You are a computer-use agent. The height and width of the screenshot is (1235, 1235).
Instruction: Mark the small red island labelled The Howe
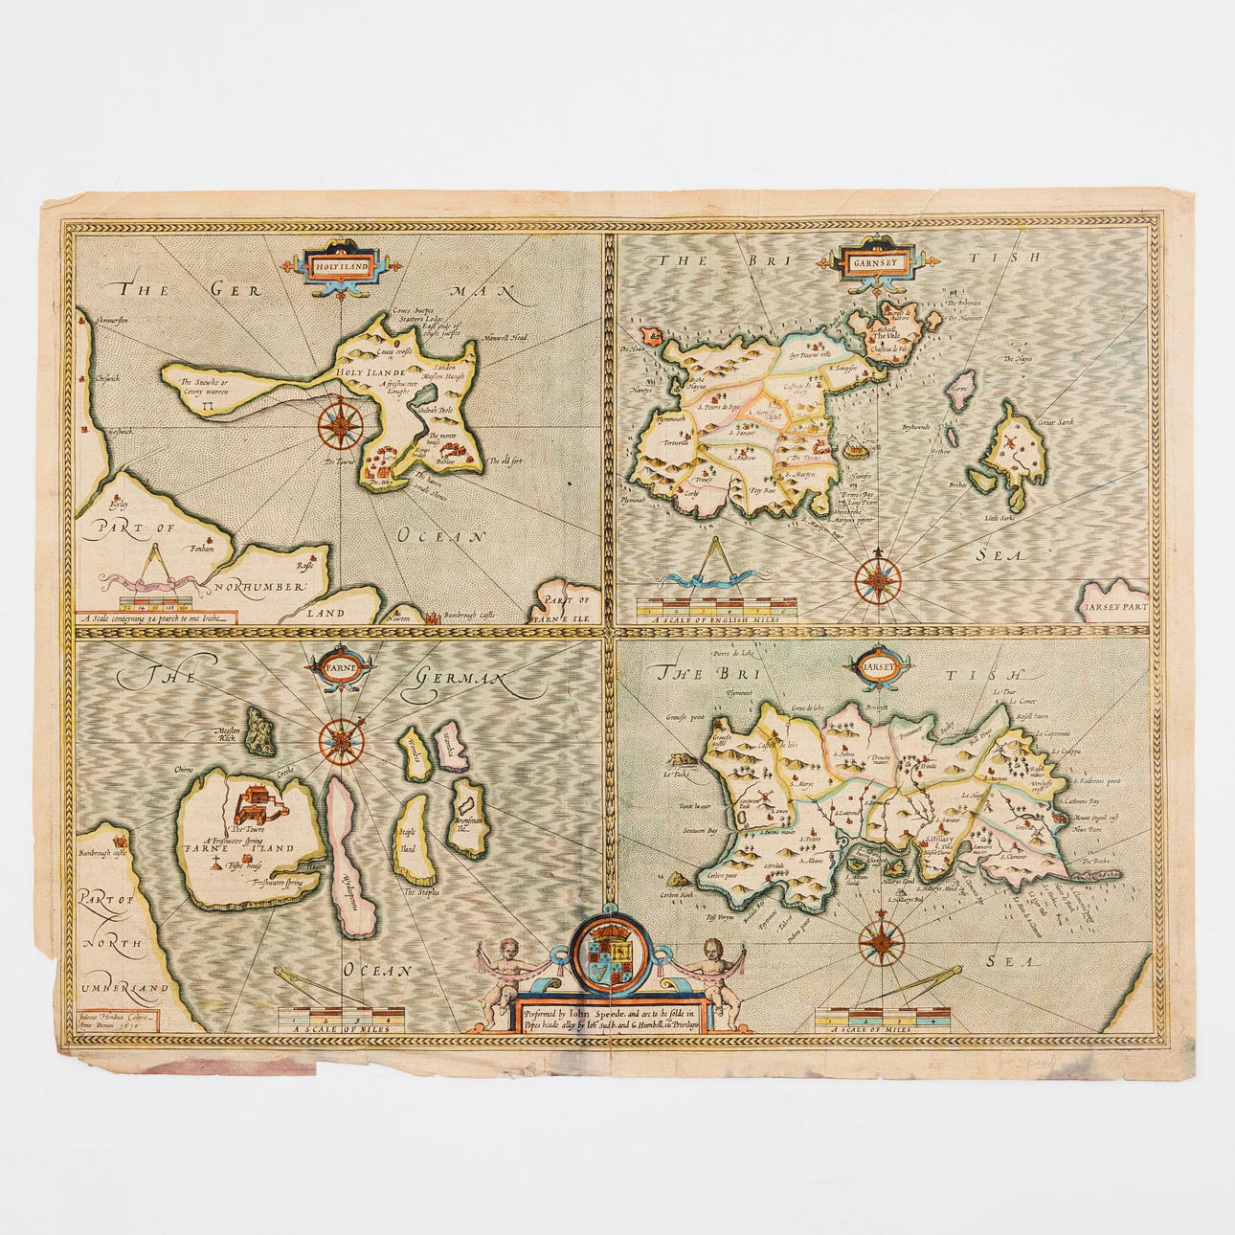pos(652,336)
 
